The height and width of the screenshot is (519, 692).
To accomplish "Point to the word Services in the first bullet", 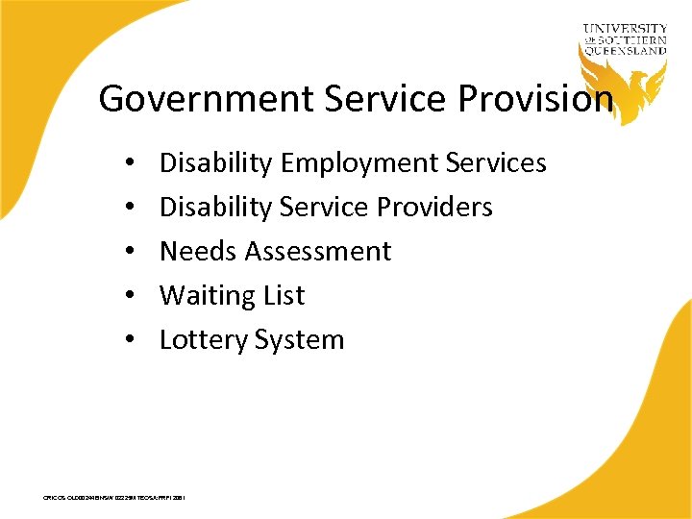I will coord(497,163).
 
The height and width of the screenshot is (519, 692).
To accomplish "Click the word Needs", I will coord(198,252).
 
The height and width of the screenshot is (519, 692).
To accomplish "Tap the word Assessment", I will coord(318,252).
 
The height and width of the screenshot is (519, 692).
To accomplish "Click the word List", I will coord(284,296).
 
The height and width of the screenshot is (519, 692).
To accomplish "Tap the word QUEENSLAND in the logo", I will coord(625,51).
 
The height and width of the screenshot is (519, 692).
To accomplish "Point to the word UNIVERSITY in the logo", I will coord(625,29).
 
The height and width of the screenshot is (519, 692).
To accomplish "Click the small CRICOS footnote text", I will coord(114,498).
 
